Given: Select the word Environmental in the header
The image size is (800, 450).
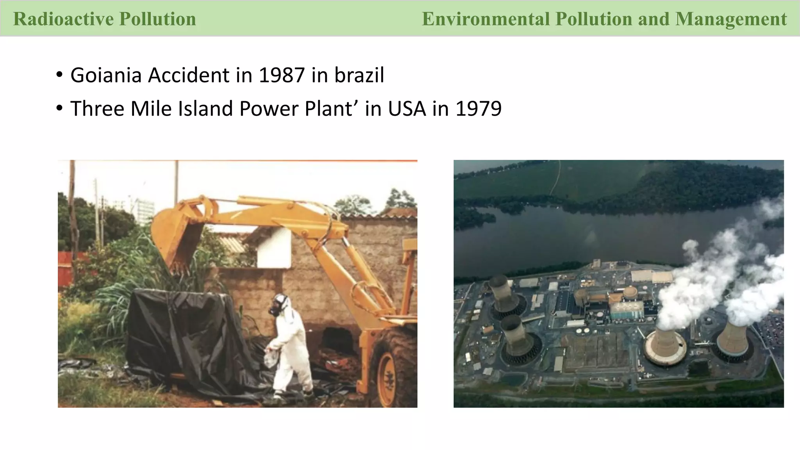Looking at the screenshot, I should tap(486, 19).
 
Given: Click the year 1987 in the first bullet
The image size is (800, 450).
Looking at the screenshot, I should tap(281, 75).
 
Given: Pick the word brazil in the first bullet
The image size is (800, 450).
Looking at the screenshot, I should tap(359, 75).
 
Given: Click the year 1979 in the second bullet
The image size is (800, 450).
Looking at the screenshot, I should tap(479, 109).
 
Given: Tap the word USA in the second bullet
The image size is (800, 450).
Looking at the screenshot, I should tap(407, 109).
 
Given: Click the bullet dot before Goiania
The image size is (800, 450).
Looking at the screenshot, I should tap(59, 74).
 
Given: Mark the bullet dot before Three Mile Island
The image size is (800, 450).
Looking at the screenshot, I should tap(59, 108).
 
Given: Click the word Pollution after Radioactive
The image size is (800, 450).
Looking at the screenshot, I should tap(157, 19).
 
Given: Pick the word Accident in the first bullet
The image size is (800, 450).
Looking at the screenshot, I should tap(189, 75).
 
